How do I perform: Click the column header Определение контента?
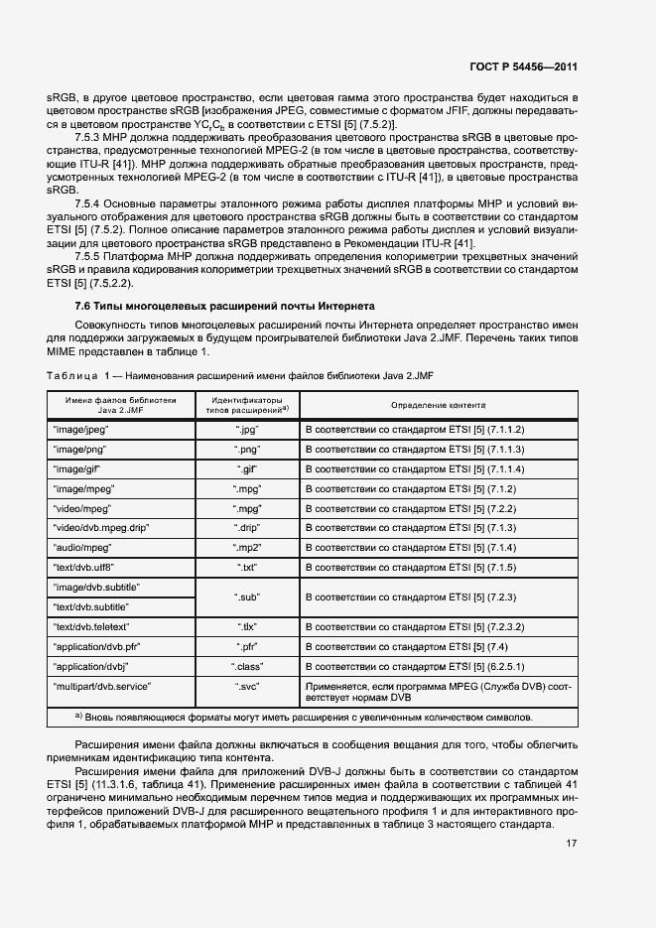pyautogui.click(x=438, y=405)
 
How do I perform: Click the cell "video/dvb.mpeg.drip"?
pyautogui.click(x=100, y=528)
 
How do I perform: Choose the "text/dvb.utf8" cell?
pyautogui.click(x=83, y=567)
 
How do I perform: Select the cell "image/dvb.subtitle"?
pyautogui.click(x=95, y=587)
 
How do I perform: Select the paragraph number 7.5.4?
pyautogui.click(x=90, y=202)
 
